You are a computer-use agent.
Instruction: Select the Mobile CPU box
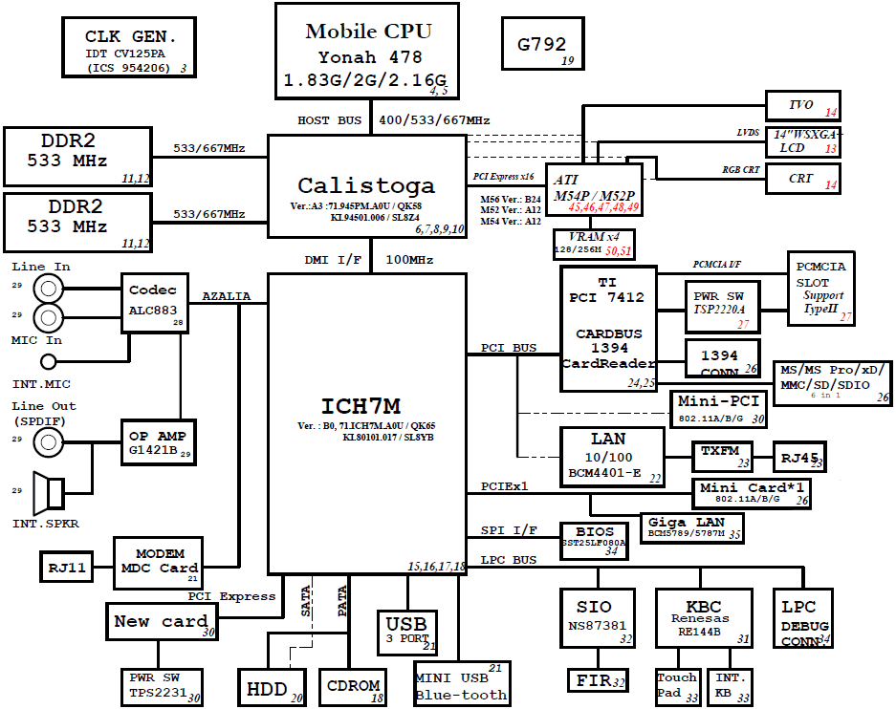point(367,50)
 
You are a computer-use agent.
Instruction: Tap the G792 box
point(542,44)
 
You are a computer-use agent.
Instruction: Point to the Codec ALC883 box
point(153,302)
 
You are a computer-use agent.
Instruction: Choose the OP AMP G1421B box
point(158,441)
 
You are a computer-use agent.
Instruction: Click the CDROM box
point(354,685)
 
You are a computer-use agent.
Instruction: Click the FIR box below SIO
point(598,680)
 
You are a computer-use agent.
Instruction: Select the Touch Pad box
point(677,684)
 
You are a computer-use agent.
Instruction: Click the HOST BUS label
point(329,120)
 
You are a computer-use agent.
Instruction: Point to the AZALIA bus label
point(226,297)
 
